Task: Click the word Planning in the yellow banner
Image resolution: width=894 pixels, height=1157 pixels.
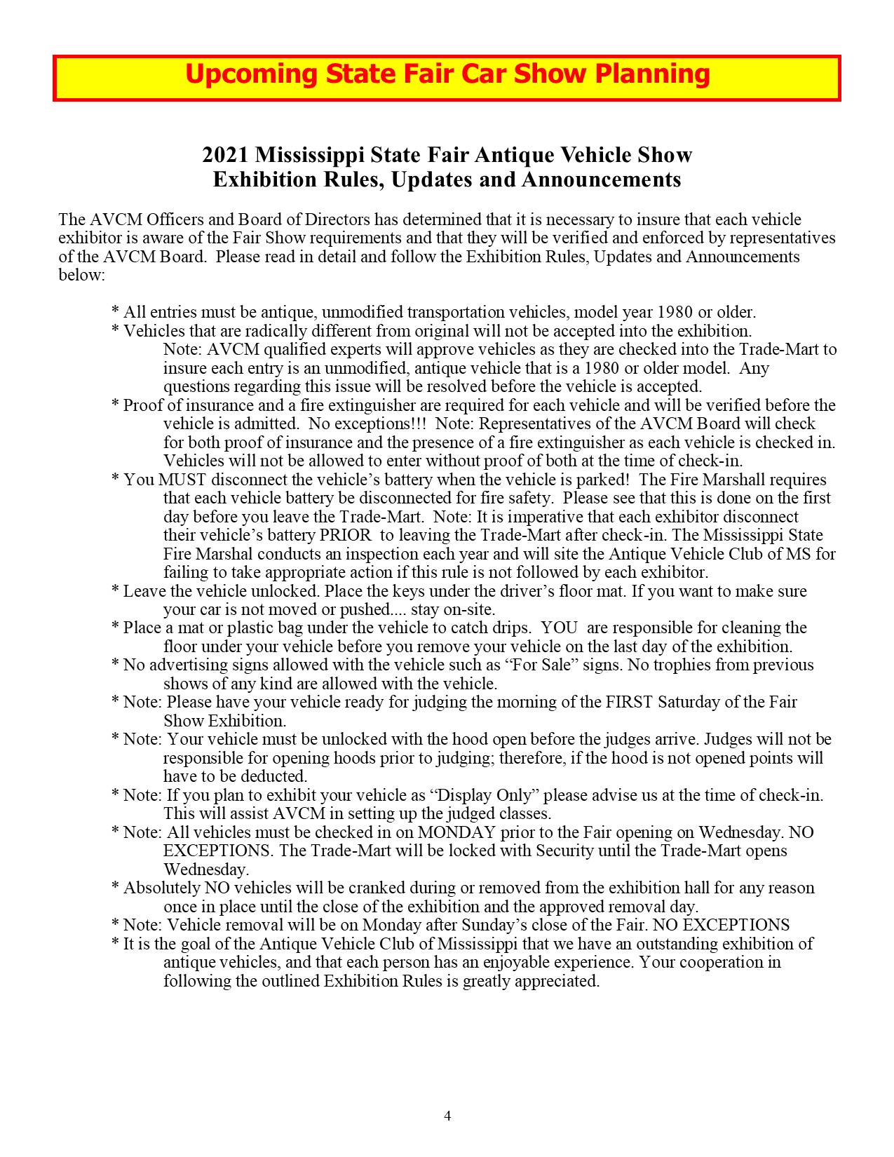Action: coord(652,74)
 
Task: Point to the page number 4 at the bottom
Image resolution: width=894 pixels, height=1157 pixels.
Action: coord(447,1116)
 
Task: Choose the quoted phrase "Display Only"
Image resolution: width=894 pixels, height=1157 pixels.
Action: coord(484,795)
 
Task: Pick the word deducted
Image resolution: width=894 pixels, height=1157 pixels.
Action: coord(274,776)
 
